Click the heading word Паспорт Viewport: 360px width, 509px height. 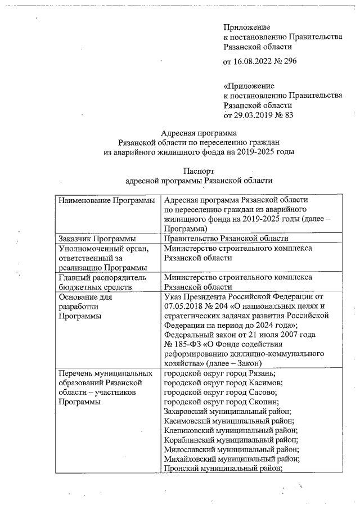(199, 170)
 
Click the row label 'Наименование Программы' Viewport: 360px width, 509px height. (106, 201)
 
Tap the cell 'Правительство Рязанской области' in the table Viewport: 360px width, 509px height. (226, 238)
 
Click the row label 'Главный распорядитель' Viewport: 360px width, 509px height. (102, 277)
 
